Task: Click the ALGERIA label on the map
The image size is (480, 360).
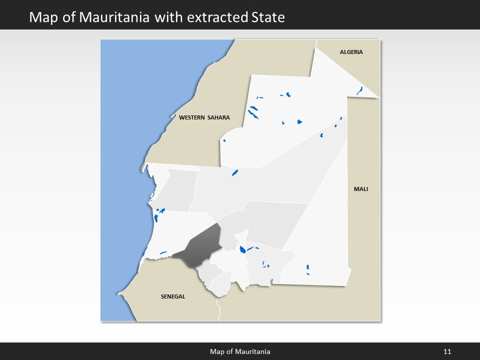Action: [351, 52]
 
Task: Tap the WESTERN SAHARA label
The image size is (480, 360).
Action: [204, 117]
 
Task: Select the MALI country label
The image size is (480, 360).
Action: [360, 189]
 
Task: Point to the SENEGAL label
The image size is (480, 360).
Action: [173, 296]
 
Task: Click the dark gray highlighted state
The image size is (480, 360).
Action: [200, 246]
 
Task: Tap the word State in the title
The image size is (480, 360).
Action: [267, 17]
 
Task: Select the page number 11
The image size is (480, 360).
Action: [447, 351]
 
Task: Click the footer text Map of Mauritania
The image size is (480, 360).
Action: [240, 351]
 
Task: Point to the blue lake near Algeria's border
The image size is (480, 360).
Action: [359, 91]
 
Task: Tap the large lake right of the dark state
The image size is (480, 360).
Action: [242, 249]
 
